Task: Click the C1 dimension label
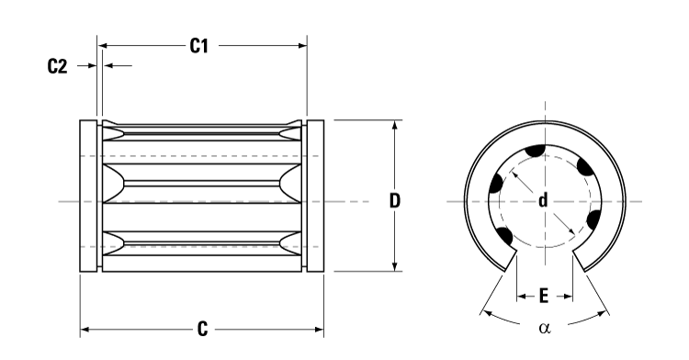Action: click(201, 45)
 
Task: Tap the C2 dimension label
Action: click(58, 66)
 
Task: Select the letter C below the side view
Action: click(202, 329)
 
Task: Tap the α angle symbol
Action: click(545, 327)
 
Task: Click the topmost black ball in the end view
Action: click(535, 152)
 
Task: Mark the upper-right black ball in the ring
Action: click(583, 167)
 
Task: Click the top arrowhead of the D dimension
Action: click(395, 125)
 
